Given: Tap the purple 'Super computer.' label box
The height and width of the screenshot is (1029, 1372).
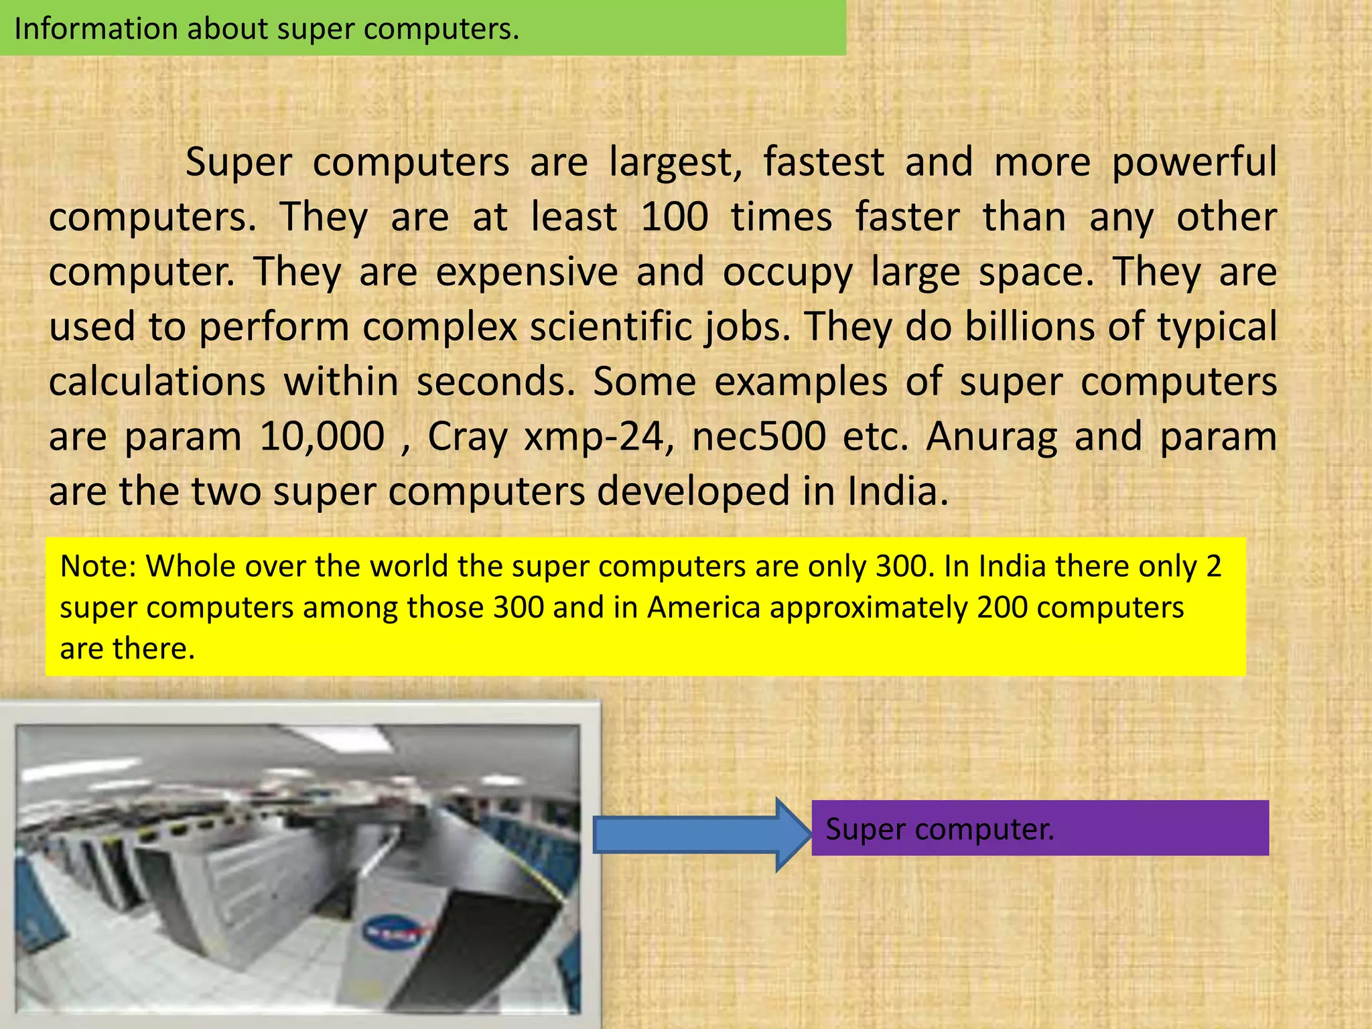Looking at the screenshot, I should [1040, 828].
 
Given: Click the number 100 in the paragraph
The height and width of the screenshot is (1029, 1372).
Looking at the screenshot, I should [675, 217].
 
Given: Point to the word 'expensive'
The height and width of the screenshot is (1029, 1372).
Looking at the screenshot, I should [527, 272].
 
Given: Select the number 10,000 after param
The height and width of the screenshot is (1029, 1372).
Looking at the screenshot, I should [322, 437].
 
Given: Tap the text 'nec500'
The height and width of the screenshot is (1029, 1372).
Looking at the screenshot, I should [758, 437].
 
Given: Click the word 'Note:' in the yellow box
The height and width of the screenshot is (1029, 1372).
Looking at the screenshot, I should [98, 567].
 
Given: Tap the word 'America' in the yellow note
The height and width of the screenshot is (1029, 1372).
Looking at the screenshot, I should [703, 608].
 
